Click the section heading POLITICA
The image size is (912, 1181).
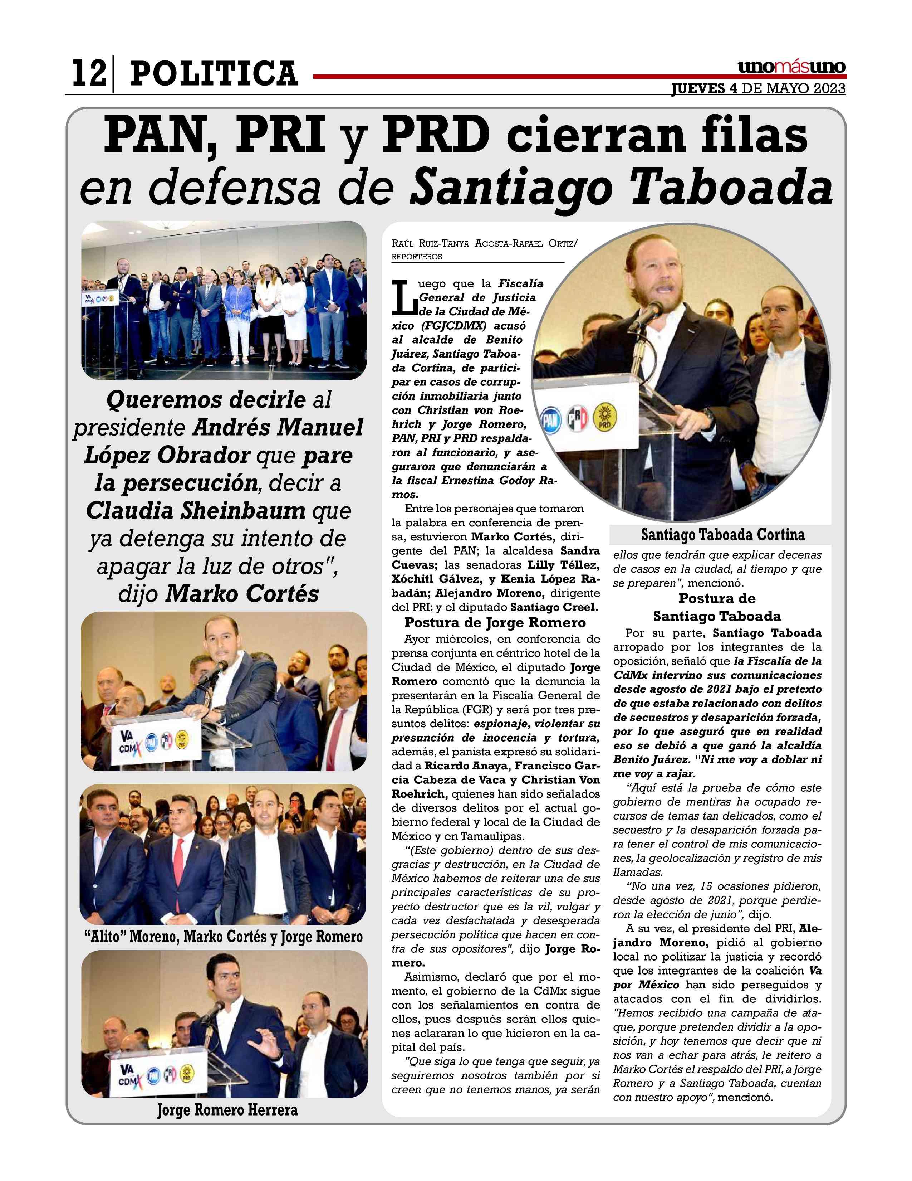point(214,74)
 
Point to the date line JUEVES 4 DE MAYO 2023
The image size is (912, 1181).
point(758,89)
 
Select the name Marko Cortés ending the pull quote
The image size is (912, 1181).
point(241,594)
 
